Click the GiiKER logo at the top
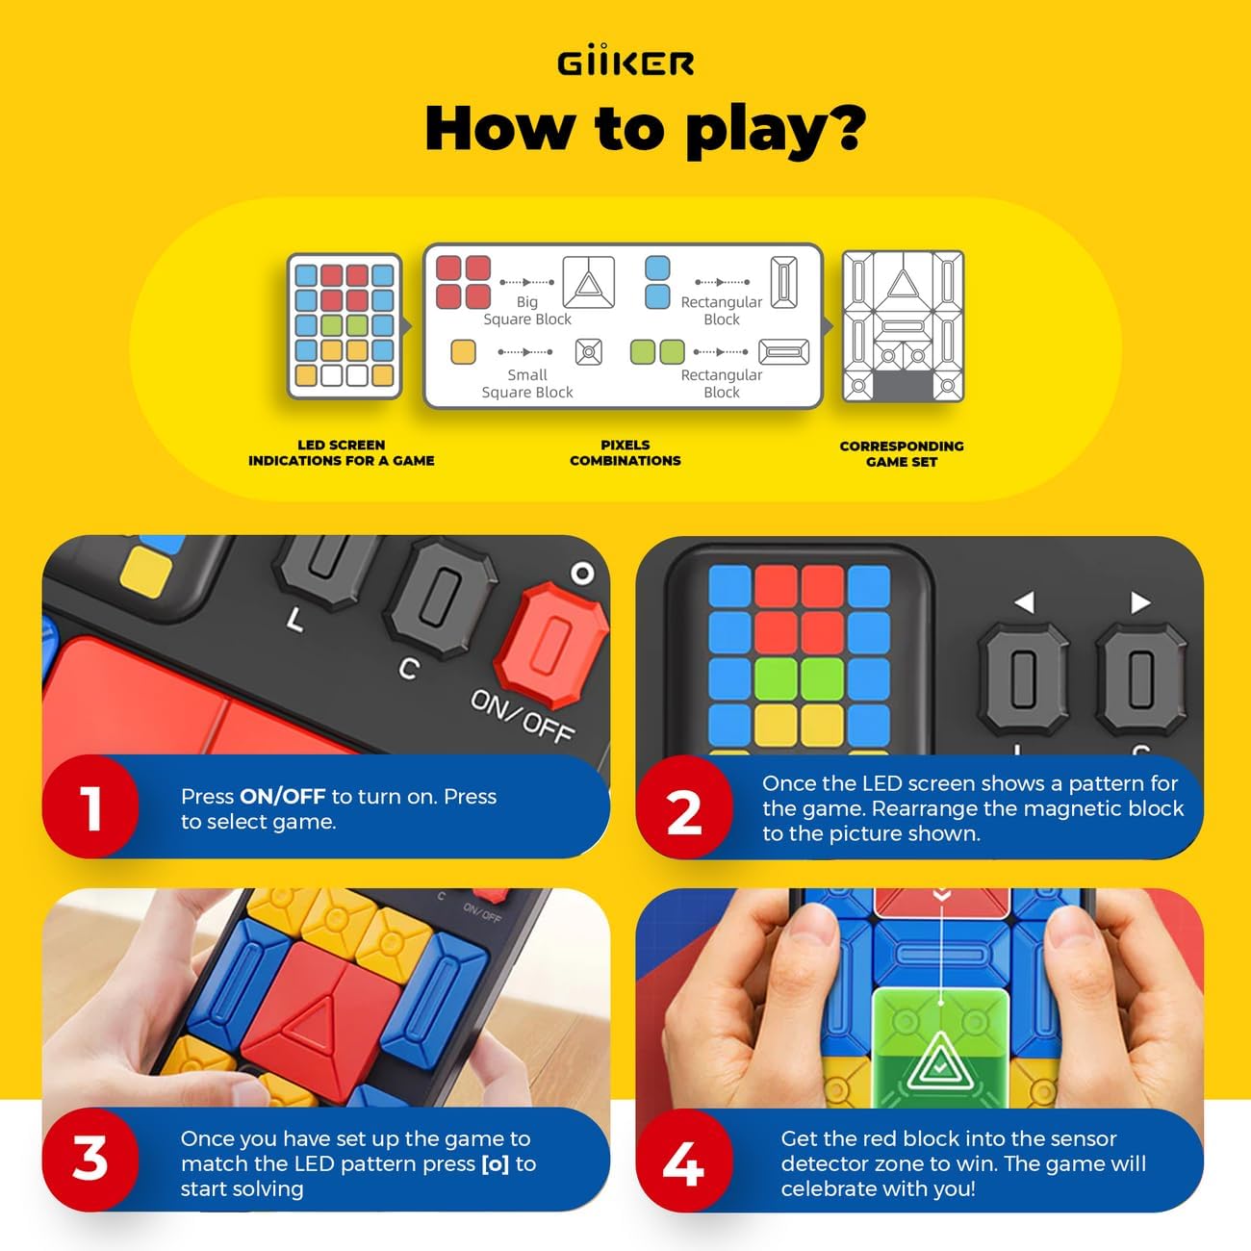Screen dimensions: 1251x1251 pos(625,64)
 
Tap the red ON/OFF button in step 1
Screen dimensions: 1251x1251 pos(551,635)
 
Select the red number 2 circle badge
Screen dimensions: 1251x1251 pos(684,811)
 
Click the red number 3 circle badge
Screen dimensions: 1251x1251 pos(90,1159)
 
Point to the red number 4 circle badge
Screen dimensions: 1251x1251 pos(684,1163)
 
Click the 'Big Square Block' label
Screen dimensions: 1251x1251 pos(527,310)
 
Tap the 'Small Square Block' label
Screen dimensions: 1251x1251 pos(527,383)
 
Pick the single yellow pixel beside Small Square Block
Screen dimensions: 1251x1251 pos(463,352)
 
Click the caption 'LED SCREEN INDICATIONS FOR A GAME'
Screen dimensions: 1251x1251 pos(341,452)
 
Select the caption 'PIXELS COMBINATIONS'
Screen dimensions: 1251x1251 pos(625,452)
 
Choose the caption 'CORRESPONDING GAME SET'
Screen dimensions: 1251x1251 pos(901,453)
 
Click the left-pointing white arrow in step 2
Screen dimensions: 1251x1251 pos(1025,602)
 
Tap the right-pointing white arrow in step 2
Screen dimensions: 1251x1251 pos(1140,602)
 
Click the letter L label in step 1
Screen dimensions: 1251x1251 pos(295,622)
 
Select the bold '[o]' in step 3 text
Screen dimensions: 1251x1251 pos(495,1163)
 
